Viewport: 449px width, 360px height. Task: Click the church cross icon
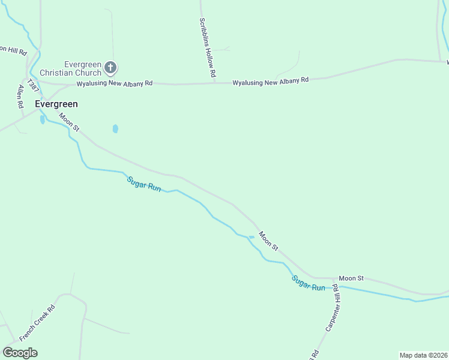coord(110,68)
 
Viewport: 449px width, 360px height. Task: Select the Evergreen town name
coord(56,104)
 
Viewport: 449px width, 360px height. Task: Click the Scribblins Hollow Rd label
coord(208,47)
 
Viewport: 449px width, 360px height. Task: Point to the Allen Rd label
coord(21,96)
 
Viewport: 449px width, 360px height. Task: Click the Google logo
coord(20,353)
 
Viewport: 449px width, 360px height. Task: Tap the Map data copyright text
coord(424,355)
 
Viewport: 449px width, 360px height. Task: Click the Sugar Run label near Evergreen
coord(143,184)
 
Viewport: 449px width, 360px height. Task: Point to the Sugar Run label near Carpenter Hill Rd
coord(309,283)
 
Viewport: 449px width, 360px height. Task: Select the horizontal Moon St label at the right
coord(351,278)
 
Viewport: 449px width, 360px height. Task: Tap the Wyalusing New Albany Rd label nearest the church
coord(114,83)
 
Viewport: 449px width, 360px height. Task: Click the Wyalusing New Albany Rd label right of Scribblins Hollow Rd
coord(270,80)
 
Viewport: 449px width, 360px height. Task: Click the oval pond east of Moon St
coord(115,128)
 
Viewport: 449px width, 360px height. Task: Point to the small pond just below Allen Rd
coord(42,119)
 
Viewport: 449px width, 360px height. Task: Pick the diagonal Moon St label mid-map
coord(268,241)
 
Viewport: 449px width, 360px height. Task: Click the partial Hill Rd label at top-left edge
coord(13,51)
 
